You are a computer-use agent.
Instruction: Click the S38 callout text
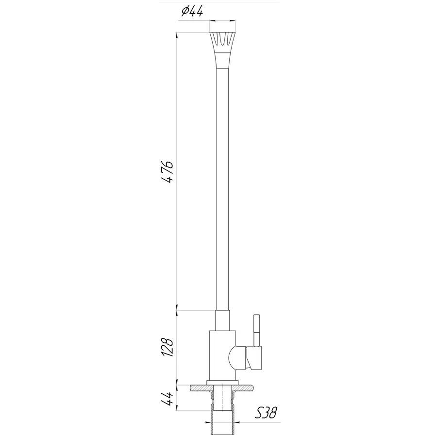pyautogui.click(x=266, y=413)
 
